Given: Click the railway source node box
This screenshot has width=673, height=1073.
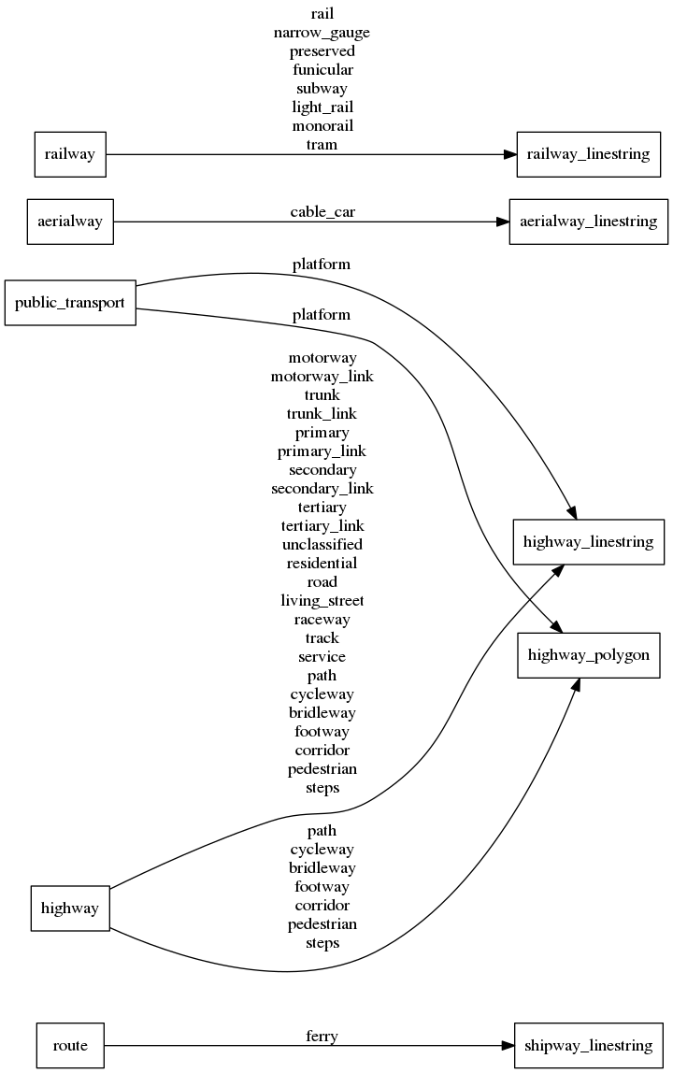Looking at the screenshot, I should pos(70,154).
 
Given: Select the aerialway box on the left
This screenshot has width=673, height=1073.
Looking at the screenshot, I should pos(70,222).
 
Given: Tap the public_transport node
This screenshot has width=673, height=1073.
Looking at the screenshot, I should pos(70,303).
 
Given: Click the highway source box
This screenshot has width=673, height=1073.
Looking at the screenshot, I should pos(70,908).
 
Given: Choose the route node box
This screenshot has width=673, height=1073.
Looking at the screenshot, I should pos(70,1045).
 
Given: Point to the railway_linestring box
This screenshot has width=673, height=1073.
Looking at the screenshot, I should pos(588,154).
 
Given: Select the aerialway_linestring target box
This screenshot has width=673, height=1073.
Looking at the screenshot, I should pos(588,222).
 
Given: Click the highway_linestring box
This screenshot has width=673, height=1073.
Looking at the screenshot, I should pos(588,542).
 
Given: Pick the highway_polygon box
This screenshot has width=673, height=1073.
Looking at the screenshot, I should pos(588,655).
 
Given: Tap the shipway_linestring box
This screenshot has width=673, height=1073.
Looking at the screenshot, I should pos(588,1045).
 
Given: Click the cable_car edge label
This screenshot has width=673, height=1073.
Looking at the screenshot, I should pos(322,212).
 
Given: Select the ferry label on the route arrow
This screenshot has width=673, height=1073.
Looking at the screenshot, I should pos(322,1036).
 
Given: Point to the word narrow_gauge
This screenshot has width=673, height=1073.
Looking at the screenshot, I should pos(322,33).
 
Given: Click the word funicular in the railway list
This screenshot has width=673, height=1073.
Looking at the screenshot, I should pos(322,70).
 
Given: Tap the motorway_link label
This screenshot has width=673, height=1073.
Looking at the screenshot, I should pos(322,377).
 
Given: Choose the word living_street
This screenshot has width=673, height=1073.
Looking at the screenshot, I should pos(322,601).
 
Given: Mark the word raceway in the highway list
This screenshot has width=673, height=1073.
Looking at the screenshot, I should pos(322,620).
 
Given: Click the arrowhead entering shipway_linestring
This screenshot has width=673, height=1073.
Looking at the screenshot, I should pos(506,1045).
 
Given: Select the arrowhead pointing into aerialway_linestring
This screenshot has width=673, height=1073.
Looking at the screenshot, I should pos(500,222).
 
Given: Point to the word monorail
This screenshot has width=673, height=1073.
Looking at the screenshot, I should pos(322,126).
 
